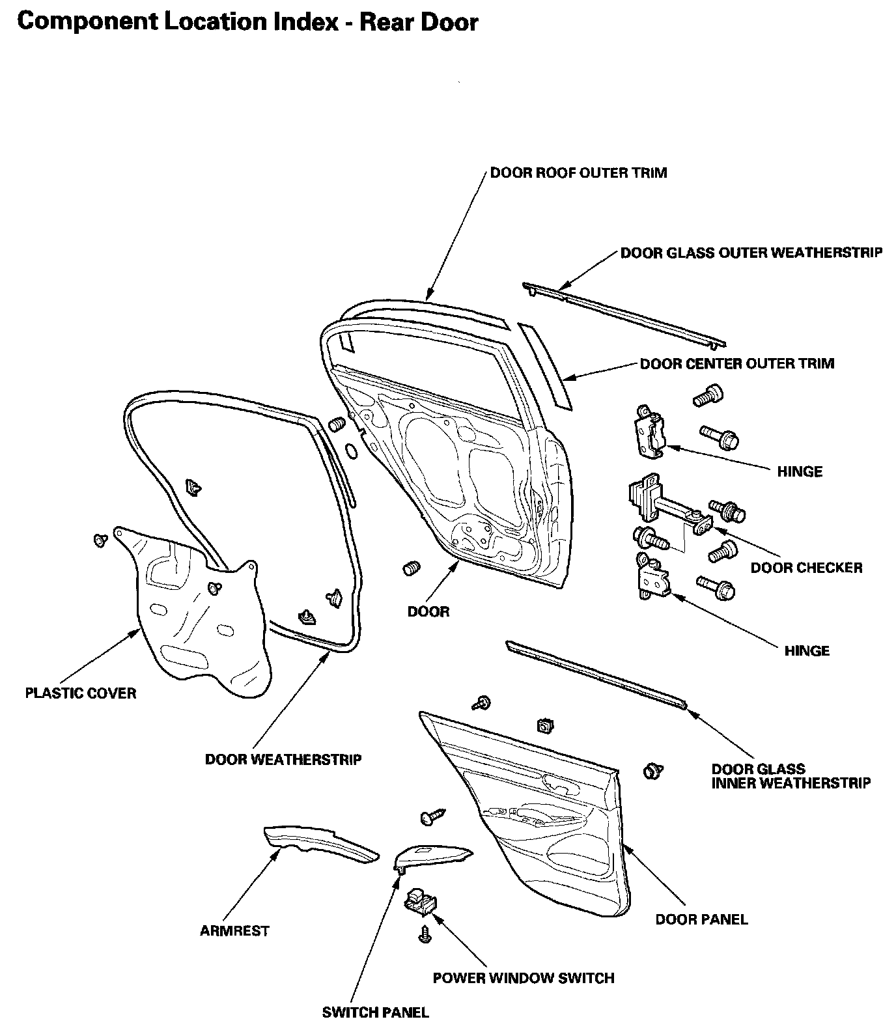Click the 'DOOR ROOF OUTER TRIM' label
(578, 173)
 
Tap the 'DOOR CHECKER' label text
(806, 568)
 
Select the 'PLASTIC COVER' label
(81, 693)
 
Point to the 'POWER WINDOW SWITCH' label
(524, 978)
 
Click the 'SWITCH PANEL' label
(376, 1012)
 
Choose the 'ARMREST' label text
(234, 931)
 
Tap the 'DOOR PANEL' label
(701, 919)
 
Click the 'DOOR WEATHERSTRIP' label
(283, 760)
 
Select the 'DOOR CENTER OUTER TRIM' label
(736, 363)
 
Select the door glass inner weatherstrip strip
(596, 675)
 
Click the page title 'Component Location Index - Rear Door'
(248, 23)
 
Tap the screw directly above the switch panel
(432, 816)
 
